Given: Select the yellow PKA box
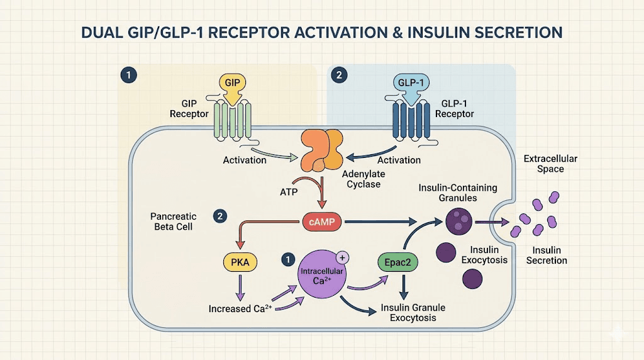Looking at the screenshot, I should tap(240, 262).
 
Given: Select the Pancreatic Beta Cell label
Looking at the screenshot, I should tap(172, 221).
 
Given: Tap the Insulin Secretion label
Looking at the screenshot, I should tap(547, 255).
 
